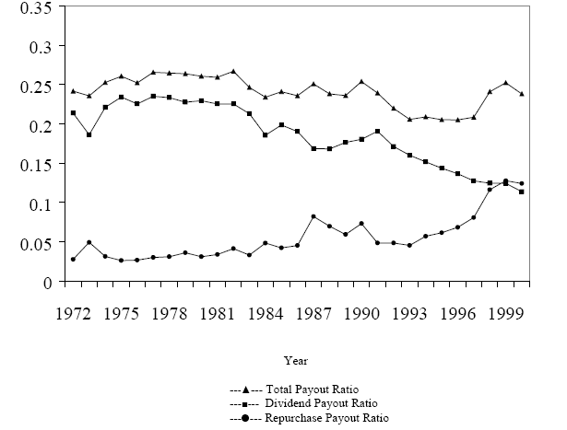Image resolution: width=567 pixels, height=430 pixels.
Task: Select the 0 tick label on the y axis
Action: (x=41, y=282)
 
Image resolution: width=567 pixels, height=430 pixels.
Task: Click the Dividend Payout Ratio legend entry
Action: (x=295, y=403)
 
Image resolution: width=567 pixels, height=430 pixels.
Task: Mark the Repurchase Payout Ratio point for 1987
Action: (x=313, y=216)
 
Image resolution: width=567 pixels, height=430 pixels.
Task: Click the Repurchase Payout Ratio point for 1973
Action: (x=89, y=242)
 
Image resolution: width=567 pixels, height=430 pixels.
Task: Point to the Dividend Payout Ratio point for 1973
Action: (x=89, y=134)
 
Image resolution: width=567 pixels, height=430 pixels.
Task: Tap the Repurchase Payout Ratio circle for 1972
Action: (x=72, y=260)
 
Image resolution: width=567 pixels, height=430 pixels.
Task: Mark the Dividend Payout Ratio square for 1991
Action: (x=377, y=132)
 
